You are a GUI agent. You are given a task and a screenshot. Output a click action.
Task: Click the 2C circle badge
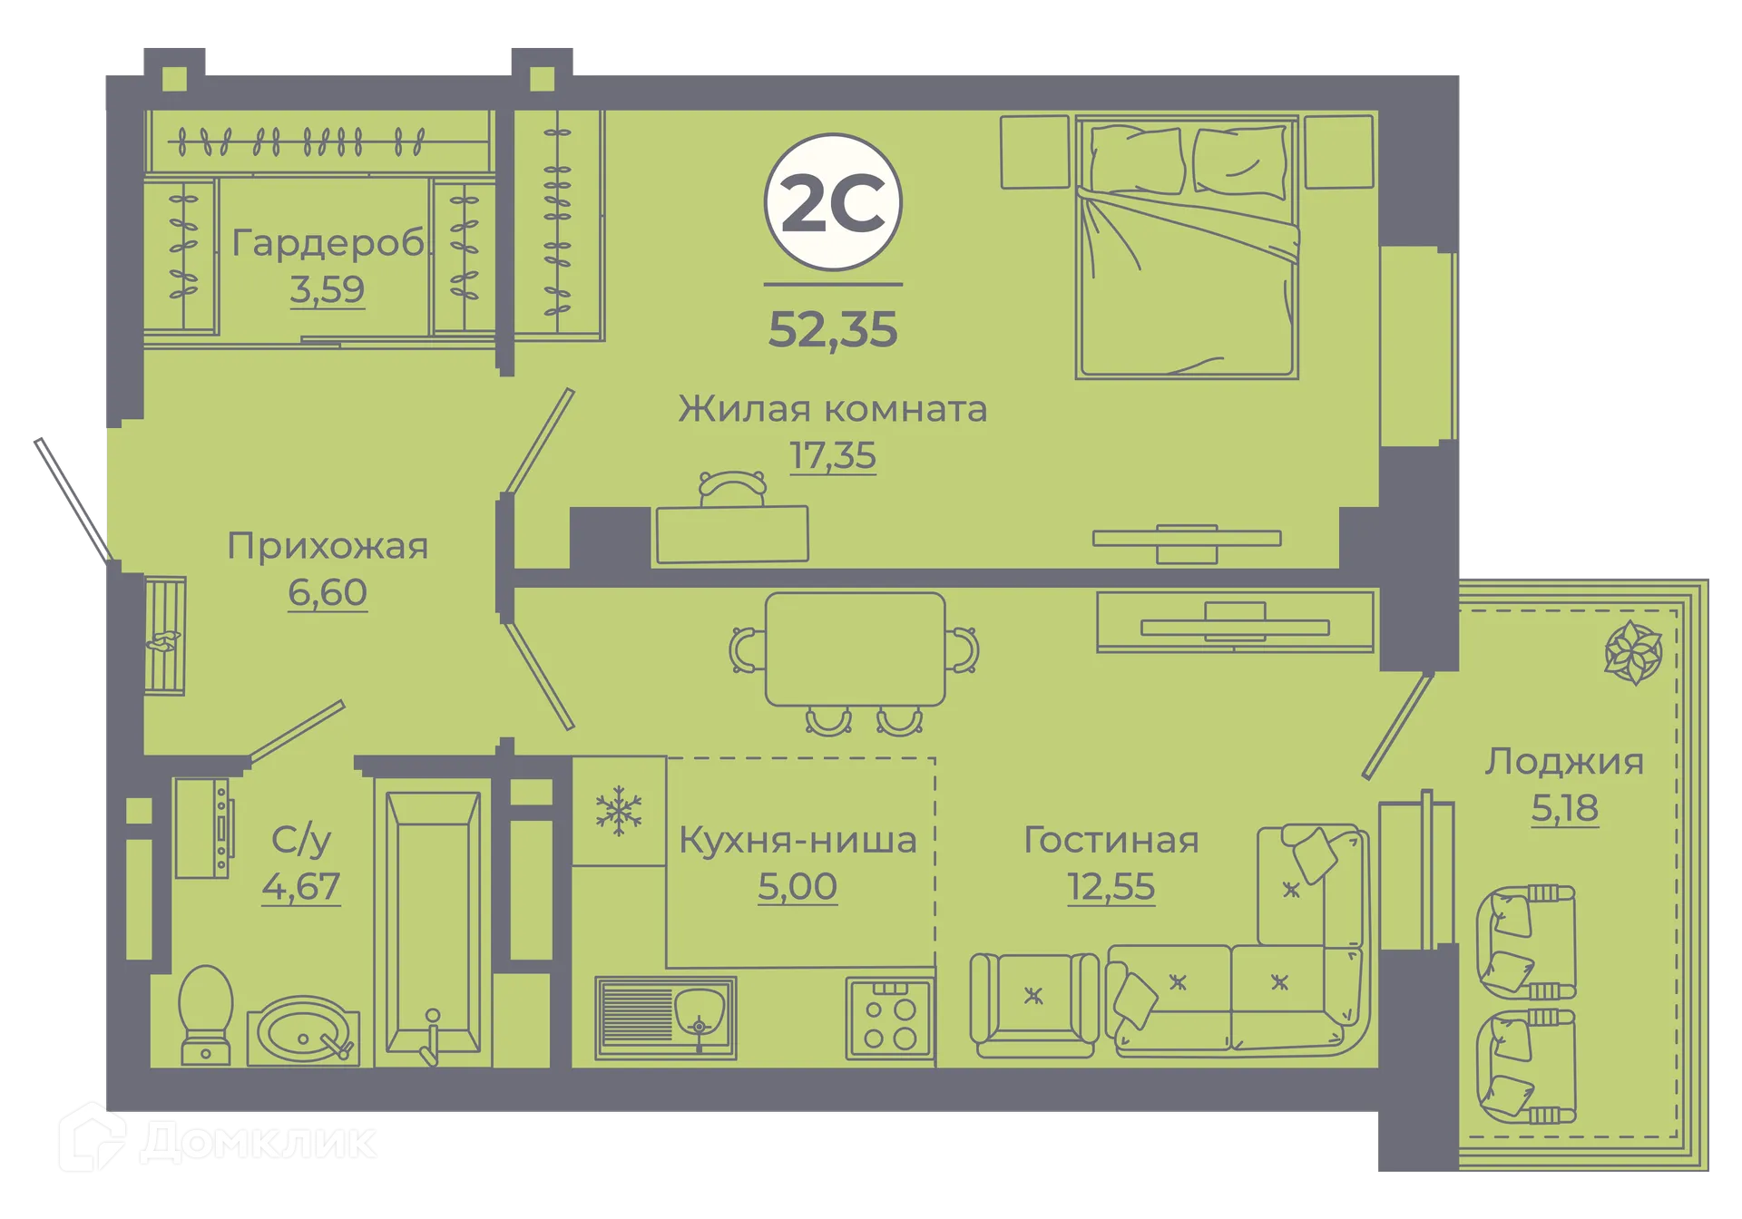(832, 202)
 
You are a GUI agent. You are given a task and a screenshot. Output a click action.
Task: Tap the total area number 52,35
(832, 329)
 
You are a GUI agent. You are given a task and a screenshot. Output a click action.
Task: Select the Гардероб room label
(327, 243)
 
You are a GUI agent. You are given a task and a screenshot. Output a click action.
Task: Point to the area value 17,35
(832, 455)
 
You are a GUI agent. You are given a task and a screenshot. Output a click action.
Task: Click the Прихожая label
(327, 546)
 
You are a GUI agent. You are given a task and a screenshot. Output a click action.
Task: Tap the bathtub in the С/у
(433, 921)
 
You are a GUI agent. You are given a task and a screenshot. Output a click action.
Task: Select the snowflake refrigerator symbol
(619, 810)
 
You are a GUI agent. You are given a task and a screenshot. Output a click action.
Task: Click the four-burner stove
(889, 1018)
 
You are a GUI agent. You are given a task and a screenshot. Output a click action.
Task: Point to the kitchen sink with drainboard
(665, 1018)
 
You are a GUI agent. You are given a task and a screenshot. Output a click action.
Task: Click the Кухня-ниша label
(798, 840)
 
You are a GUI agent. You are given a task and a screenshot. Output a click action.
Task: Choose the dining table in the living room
(855, 649)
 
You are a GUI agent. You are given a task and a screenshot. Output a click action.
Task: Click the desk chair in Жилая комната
(732, 488)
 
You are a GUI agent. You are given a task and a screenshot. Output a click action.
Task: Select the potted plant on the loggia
(1633, 652)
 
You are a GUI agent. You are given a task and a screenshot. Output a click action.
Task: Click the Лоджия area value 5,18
(1564, 807)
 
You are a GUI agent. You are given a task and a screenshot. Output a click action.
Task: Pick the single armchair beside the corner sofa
(1033, 1004)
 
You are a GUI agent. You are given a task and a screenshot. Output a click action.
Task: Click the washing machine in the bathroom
(204, 827)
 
